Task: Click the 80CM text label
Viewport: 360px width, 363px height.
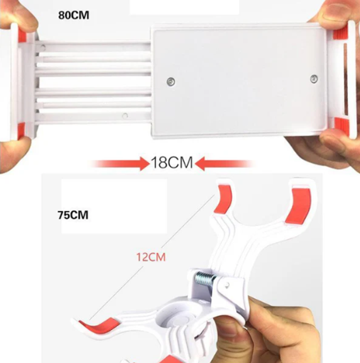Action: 74,15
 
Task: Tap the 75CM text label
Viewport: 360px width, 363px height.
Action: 73,215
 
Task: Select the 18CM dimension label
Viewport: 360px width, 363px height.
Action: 172,162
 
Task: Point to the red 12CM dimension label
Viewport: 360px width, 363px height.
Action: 151,257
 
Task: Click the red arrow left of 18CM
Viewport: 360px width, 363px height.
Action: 119,163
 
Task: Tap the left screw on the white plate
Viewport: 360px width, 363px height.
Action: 171,82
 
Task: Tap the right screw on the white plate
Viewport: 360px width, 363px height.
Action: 314,79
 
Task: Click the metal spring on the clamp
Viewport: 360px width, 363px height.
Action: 206,278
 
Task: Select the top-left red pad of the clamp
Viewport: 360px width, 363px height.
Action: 224,199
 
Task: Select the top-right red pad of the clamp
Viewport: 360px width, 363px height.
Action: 299,206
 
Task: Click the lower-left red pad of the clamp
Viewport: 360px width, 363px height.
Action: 100,325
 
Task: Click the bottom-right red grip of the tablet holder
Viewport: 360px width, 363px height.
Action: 341,126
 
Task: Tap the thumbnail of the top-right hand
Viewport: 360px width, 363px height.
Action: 334,10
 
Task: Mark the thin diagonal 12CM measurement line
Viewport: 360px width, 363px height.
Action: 152,257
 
